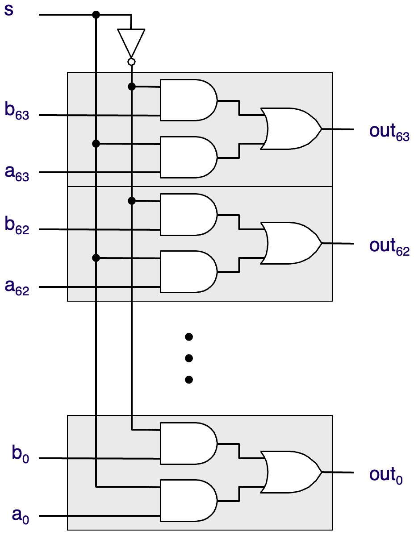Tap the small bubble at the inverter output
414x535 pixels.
pyautogui.click(x=131, y=62)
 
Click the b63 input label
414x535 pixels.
pyautogui.click(x=17, y=110)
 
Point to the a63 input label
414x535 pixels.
pyautogui.click(x=17, y=172)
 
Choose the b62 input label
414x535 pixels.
pyautogui.click(x=17, y=225)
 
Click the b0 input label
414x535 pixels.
pyautogui.click(x=21, y=453)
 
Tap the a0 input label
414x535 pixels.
pyautogui.click(x=21, y=515)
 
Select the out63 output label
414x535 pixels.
pyautogui.click(x=389, y=132)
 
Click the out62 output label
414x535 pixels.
pyautogui.click(x=389, y=246)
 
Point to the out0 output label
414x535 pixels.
pyautogui.click(x=386, y=475)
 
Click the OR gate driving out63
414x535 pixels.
pyautogui.click(x=291, y=129)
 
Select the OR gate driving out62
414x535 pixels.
pyautogui.click(x=291, y=243)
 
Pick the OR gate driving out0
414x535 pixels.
pyautogui.click(x=291, y=472)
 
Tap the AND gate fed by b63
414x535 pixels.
pyautogui.click(x=188, y=100)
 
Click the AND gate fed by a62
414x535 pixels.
pyautogui.click(x=188, y=272)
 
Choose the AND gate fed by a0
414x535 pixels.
pyautogui.click(x=188, y=501)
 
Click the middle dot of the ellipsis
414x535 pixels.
pyautogui.click(x=188, y=358)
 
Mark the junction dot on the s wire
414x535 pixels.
pyautogui.click(x=96, y=15)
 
